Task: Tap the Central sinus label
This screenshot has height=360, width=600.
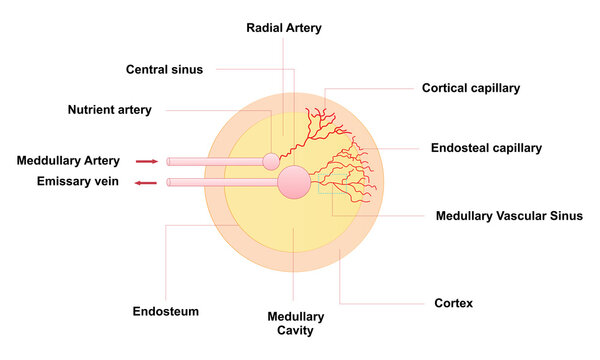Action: [165, 70]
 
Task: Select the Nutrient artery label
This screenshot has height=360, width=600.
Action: [110, 109]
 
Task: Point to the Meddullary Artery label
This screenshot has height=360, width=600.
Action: [68, 160]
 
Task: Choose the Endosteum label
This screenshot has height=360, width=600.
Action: [165, 311]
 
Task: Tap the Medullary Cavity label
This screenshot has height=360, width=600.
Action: [295, 323]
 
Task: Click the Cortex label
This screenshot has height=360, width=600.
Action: [453, 302]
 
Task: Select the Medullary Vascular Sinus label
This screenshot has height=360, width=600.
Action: [502, 215]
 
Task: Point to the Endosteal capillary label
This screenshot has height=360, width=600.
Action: [486, 147]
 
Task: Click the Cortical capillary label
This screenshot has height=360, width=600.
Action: [471, 88]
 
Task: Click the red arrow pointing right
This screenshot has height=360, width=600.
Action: [147, 160]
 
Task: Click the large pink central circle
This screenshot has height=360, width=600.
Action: [294, 182]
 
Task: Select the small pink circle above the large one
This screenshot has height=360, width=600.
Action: [271, 160]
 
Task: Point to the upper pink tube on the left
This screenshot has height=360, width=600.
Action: [215, 161]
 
